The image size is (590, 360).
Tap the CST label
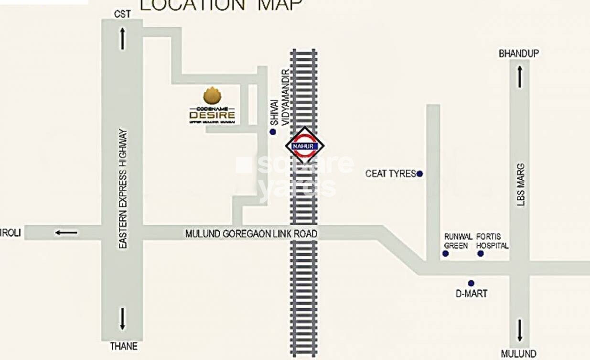point(122,14)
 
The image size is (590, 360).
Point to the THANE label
point(124,346)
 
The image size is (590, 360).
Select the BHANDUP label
point(518,54)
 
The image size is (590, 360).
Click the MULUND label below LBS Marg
point(518,354)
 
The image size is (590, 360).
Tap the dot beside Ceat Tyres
point(419,174)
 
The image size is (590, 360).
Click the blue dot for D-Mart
point(471,283)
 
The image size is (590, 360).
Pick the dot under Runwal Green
point(445,253)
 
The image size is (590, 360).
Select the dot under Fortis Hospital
point(481,253)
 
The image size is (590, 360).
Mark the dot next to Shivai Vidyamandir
point(273,131)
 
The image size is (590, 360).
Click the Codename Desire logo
point(212,106)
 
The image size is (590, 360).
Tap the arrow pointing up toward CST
point(122,38)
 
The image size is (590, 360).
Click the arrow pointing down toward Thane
point(122,318)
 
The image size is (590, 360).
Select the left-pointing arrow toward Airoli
point(66,233)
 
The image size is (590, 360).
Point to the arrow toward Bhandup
point(520,76)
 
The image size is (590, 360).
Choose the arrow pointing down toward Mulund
point(520,330)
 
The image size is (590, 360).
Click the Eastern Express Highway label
point(123,188)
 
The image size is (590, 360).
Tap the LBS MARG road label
point(520,185)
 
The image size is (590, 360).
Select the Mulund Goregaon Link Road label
point(251,234)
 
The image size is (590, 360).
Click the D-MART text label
point(471,294)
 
